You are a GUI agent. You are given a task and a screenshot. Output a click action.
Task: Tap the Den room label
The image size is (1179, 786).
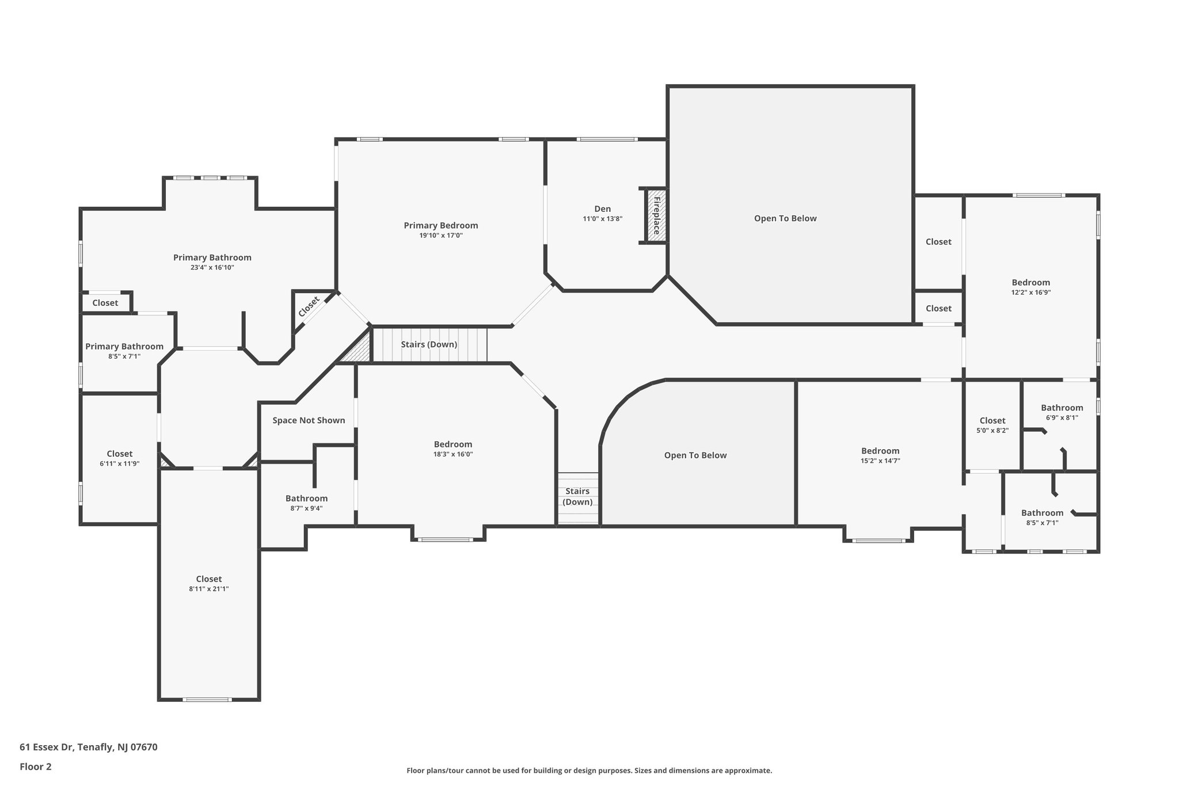pos(602,209)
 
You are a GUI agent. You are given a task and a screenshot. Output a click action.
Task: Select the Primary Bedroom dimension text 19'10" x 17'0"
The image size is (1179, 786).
pos(440,236)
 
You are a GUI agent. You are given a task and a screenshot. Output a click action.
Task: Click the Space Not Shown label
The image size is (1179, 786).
pos(309,420)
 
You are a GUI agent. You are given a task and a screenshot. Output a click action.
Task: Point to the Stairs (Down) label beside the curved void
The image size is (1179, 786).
pos(577,496)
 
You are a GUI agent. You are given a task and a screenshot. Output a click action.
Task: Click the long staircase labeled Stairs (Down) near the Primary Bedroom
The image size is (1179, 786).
pos(429,344)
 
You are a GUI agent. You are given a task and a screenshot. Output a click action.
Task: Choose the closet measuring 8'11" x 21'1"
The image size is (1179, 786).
pos(208,583)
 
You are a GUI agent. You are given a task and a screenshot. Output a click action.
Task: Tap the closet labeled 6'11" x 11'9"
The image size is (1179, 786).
pos(119,458)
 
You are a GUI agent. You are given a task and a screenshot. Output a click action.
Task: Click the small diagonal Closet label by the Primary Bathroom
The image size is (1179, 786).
pos(309,306)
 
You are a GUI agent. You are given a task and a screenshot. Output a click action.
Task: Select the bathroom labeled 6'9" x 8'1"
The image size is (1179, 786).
pos(1062,412)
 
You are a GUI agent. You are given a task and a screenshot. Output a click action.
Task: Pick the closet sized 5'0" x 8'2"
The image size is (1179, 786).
pos(992,425)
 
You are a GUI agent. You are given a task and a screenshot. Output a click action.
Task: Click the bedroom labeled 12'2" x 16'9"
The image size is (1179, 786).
pos(1030,287)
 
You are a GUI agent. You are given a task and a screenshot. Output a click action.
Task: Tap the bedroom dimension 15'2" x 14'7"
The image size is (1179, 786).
pos(880,461)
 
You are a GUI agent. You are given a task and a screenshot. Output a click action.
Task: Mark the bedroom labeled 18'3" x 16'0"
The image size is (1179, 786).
pos(452,449)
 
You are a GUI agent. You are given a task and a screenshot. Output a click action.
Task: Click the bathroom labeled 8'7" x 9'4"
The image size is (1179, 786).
pos(306,503)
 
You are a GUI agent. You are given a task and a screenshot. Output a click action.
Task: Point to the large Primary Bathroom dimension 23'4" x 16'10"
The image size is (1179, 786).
pos(212,268)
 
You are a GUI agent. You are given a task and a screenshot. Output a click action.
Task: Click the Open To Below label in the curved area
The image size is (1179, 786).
pos(695,455)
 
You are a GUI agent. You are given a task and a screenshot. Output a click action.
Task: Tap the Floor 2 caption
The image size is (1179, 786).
pos(35,766)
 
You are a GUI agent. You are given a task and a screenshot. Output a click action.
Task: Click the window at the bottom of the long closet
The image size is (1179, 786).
pos(207,700)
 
